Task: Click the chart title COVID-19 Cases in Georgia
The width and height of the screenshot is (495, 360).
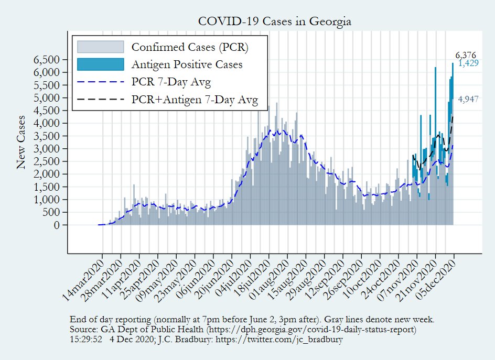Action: [x=274, y=21]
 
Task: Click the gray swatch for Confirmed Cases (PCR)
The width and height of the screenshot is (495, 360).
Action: [x=101, y=47]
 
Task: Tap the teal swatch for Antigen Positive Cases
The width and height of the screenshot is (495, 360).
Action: [x=101, y=64]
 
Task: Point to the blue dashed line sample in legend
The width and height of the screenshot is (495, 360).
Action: [x=101, y=82]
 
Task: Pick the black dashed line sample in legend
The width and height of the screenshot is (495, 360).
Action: [x=101, y=100]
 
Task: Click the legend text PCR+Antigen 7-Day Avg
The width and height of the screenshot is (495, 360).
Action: [x=195, y=101]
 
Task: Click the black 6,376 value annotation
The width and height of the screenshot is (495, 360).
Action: [x=466, y=55]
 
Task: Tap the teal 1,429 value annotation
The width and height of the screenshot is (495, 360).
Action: [x=468, y=63]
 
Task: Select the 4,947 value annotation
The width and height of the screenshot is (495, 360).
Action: [x=468, y=99]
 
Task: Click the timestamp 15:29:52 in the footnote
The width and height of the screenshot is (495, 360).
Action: [x=86, y=340]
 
